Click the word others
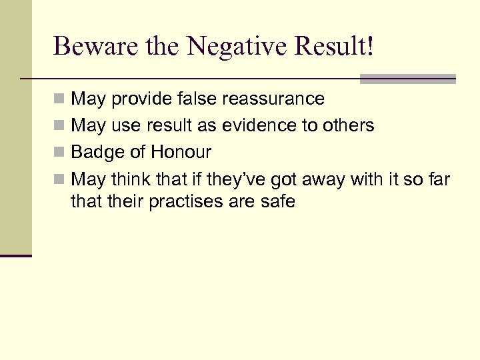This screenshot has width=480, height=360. [347, 125]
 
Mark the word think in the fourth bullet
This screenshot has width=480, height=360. [127, 179]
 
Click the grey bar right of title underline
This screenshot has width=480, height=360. [408, 79]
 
